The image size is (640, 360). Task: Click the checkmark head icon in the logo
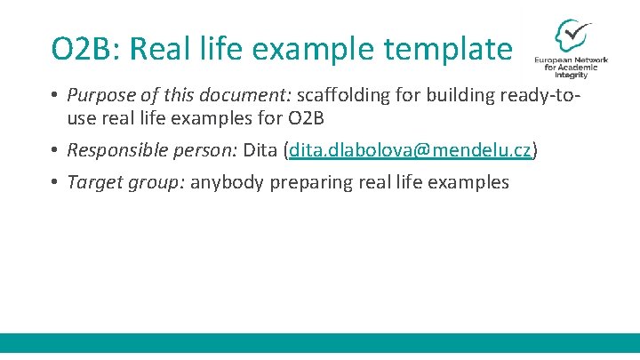point(570,36)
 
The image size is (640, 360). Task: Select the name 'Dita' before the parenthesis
point(260,150)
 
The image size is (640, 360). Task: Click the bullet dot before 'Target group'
point(54,182)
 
